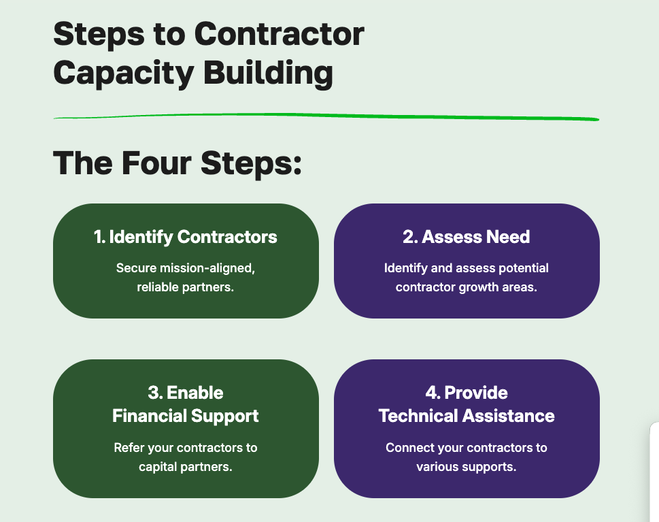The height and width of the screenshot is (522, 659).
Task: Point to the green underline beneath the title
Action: pos(326,117)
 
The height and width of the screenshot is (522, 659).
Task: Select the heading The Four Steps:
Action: pos(177,163)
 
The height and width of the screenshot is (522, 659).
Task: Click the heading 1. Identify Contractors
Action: pos(186,237)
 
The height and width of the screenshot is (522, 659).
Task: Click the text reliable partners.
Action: pos(186,287)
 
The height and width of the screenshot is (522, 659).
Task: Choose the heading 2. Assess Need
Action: pos(466,237)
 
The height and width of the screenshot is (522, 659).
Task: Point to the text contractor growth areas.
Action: pos(466,287)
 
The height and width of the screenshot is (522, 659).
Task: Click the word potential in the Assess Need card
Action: pos(523,267)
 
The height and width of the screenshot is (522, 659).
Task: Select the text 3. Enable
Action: pos(186,393)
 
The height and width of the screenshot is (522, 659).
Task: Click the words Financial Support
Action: pos(186,415)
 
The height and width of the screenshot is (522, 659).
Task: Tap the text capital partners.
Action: pos(186,467)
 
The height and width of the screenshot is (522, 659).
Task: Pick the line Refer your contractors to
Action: pos(186,448)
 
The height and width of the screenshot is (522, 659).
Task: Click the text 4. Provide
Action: pos(466,393)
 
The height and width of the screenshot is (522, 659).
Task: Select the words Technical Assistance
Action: pos(466,415)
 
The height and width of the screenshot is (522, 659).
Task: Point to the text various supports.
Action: pos(466,467)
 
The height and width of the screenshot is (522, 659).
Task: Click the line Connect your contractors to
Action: pos(466,448)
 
